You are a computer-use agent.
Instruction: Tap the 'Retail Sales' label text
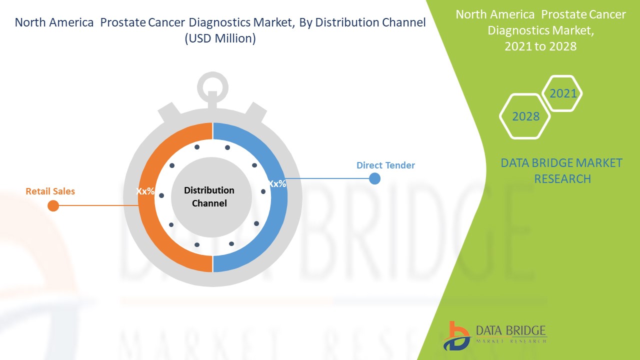[50, 191]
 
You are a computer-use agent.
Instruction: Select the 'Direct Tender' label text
[385, 165]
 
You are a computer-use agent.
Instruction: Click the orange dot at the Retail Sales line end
[53, 205]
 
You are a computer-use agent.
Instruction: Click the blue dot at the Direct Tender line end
[374, 178]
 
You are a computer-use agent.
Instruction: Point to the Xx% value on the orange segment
[145, 191]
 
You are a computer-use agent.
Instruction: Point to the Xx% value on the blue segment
[277, 183]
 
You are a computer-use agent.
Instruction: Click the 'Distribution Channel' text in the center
[209, 196]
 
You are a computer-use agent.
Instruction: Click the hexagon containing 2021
[562, 93]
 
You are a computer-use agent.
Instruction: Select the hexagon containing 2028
[525, 116]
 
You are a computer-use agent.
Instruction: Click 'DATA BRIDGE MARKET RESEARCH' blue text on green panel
[561, 170]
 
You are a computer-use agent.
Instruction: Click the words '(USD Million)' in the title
[220, 38]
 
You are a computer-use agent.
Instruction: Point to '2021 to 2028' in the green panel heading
[540, 46]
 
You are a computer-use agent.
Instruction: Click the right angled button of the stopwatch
[256, 113]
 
